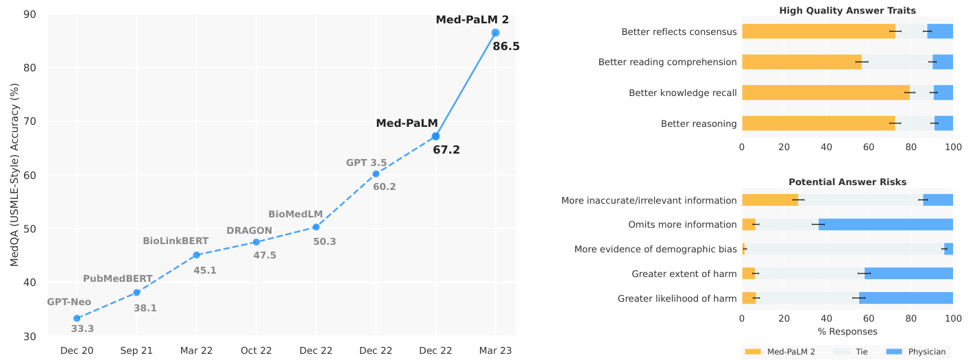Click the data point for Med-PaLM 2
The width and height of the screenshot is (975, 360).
pos(495,33)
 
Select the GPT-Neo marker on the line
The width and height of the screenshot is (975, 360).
pos(77,318)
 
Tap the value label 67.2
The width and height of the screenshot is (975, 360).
pos(446,149)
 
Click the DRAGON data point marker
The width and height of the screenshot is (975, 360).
pos(256,242)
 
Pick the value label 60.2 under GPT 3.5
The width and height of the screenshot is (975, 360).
pos(384,187)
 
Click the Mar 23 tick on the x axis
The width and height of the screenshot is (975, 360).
pos(495,350)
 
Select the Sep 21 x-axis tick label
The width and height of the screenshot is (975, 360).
pos(136,350)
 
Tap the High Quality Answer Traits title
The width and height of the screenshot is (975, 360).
pos(847,10)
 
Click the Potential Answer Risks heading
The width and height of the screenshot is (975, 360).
pos(847,182)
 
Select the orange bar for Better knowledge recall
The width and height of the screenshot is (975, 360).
pos(826,93)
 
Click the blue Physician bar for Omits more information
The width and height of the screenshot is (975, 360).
pos(886,224)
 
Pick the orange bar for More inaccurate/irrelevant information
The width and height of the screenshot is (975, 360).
pos(769,200)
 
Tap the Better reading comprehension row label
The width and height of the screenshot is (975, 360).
pos(667,62)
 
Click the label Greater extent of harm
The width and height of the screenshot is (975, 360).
pos(684,274)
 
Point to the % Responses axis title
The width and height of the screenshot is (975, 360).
pos(847,332)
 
